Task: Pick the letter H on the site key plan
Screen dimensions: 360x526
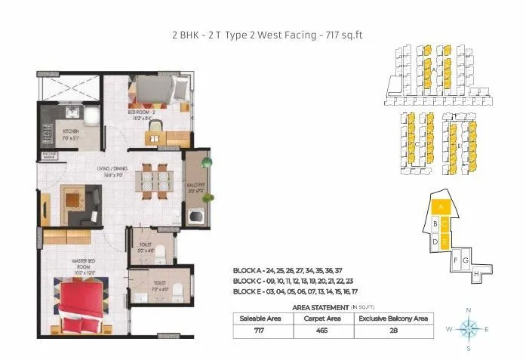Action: click(x=476, y=274)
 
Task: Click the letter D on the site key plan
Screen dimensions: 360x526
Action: click(x=435, y=242)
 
